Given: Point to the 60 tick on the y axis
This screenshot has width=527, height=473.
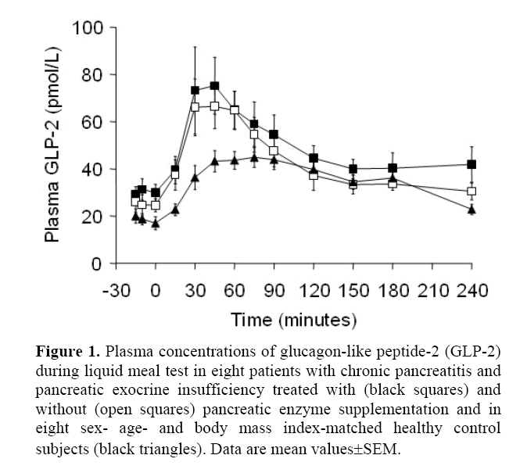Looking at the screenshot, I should [x=95, y=122].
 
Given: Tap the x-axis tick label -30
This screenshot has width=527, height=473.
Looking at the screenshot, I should [x=114, y=291].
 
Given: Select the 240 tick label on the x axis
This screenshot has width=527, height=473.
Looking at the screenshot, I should [x=471, y=291].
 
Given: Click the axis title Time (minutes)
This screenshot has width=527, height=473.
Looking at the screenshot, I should [x=293, y=320].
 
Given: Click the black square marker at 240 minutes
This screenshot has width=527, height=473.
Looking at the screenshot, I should [x=471, y=165].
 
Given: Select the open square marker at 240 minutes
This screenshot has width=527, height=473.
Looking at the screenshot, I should [x=471, y=192].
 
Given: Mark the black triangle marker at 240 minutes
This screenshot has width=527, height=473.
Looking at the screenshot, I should [x=471, y=209].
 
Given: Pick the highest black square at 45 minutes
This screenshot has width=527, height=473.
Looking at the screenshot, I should [x=214, y=86].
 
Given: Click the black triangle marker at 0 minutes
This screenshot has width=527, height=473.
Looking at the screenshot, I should [x=155, y=223].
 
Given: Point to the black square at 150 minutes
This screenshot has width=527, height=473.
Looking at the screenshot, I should [x=353, y=169].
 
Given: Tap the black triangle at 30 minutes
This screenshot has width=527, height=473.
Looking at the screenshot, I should [x=195, y=177].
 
